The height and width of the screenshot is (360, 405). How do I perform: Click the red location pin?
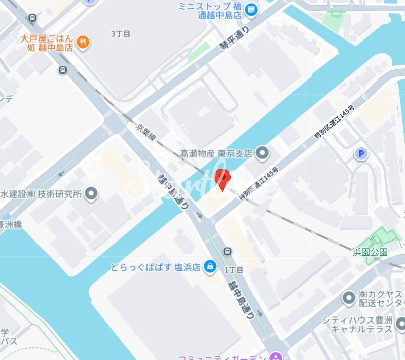click(x=222, y=179)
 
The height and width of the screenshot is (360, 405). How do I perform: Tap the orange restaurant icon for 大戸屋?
click(x=84, y=42)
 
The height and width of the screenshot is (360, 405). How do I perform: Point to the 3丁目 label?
click(x=121, y=34)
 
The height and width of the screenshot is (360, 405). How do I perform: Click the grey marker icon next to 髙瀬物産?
click(x=262, y=152)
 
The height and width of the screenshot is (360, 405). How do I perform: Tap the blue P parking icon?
click(x=360, y=153)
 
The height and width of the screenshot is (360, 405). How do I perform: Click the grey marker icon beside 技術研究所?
click(x=91, y=193)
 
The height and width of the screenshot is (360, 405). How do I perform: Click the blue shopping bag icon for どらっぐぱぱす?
click(x=209, y=266)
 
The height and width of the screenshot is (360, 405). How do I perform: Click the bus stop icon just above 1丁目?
click(x=228, y=252)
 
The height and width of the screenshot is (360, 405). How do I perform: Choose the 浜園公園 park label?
click(x=371, y=252)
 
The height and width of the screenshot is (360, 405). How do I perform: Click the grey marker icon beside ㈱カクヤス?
click(x=348, y=298)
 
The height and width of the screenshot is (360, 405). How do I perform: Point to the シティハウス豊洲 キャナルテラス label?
click(x=357, y=325)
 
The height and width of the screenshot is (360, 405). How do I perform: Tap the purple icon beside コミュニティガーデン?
click(x=275, y=356)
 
